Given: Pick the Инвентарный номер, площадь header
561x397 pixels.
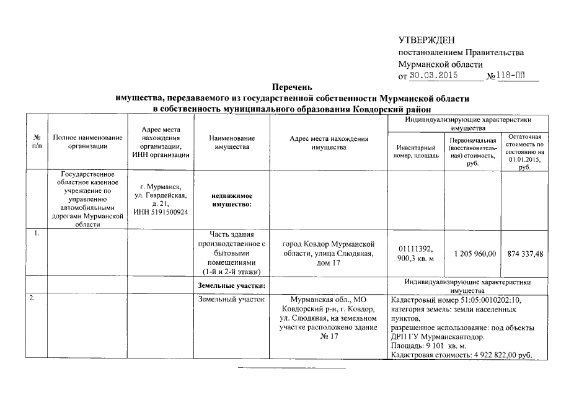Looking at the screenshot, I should [x=415, y=151].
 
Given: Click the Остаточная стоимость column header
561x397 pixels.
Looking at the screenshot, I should [x=524, y=151].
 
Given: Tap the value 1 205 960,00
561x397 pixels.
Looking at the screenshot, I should [x=475, y=254].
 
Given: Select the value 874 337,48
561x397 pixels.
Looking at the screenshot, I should [x=524, y=254].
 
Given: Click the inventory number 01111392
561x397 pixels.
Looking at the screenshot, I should [x=415, y=249].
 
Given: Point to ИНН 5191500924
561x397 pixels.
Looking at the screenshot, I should [x=161, y=213].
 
